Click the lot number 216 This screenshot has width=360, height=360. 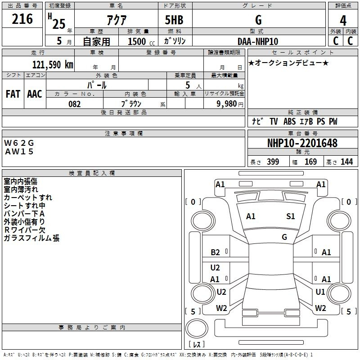[x=22, y=19]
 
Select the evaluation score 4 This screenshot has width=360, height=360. [x=343, y=21]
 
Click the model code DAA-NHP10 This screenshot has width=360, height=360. [x=258, y=41]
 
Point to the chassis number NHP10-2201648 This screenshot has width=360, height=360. [x=302, y=144]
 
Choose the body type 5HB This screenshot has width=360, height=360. [x=174, y=20]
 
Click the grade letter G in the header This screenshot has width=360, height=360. [x=258, y=20]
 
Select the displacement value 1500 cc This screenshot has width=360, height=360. [x=137, y=41]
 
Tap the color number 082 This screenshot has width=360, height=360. [x=75, y=103]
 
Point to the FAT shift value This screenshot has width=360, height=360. [x=13, y=94]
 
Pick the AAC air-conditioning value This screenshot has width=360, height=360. [x=35, y=94]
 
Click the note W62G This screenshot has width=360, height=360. [x=19, y=143]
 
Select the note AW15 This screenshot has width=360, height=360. [x=19, y=151]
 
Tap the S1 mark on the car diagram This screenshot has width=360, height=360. [x=291, y=216]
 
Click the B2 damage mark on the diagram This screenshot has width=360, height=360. [x=215, y=252]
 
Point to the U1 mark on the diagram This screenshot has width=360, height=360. [x=320, y=292]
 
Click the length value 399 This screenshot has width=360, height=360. [x=273, y=162]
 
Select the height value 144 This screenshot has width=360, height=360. [x=346, y=162]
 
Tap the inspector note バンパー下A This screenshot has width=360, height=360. [x=24, y=214]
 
